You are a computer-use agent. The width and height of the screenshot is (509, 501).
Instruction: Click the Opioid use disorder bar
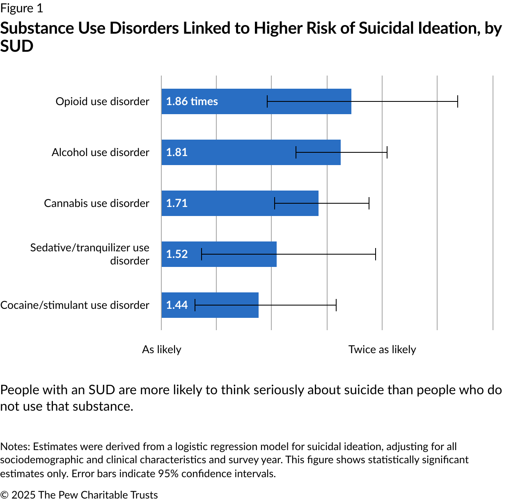pos(246,101)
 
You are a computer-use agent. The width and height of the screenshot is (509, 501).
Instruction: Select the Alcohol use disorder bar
pos(238,152)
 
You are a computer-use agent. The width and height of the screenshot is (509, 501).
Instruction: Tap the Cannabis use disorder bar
pos(230,203)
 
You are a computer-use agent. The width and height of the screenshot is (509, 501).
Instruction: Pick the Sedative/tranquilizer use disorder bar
pos(238,254)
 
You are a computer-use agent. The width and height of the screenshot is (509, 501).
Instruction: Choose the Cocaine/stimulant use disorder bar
pos(226,305)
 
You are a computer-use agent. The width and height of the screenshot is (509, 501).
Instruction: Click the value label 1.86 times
pos(192,101)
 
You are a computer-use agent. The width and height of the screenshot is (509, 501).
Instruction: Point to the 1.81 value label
pos(177,152)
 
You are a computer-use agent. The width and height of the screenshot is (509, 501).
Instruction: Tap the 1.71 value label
pos(177,203)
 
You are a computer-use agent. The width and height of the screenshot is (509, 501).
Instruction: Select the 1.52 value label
pos(177,254)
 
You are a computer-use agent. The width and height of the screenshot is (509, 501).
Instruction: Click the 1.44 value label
pos(177,305)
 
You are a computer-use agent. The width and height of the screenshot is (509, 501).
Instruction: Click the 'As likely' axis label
pos(162,349)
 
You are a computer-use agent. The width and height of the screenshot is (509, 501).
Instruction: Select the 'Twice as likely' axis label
pos(382,349)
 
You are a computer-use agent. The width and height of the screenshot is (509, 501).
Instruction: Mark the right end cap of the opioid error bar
pos(457,101)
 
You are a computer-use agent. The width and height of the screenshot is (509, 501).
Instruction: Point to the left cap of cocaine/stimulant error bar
pos(195,305)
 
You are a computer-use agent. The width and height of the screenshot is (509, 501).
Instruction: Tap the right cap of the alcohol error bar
pos(387,152)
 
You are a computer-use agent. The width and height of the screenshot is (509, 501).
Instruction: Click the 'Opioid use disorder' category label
pos(102,101)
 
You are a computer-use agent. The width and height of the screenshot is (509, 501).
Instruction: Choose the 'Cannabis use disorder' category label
pos(96,203)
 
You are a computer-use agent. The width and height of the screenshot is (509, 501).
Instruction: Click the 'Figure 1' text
pos(21,8)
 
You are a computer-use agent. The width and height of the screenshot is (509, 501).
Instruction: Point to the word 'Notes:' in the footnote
pos(15,446)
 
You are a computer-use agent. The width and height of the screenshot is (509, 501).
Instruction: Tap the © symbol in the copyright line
pos(4,495)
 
